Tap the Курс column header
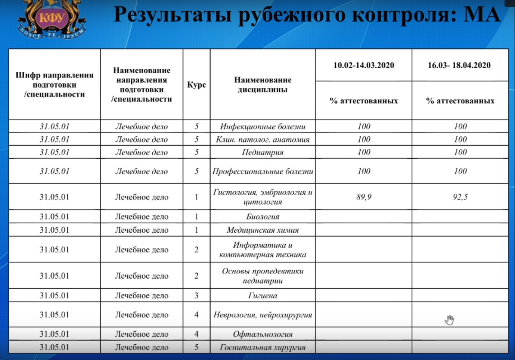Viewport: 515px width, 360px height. [x=196, y=85]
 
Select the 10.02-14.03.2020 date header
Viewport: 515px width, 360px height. [x=364, y=65]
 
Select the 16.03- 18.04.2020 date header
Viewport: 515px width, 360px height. [x=459, y=65]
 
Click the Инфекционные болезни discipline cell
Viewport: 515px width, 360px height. [x=263, y=127]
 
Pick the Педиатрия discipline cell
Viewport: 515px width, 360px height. [x=263, y=152]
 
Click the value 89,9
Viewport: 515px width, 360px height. [x=364, y=197]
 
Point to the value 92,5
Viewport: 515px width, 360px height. [x=460, y=197]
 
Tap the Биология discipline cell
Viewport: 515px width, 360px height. [x=263, y=217]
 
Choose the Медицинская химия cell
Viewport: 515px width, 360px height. [x=263, y=230]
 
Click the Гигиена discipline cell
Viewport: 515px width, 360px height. [x=263, y=295]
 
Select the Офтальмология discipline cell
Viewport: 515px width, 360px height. [x=263, y=334]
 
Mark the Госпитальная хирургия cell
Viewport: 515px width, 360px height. [x=263, y=347]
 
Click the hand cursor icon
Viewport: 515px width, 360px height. [x=449, y=320]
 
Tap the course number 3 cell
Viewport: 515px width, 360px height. [x=196, y=295]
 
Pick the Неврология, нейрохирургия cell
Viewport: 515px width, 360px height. [x=263, y=315]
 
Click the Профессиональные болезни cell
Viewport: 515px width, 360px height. [x=263, y=171]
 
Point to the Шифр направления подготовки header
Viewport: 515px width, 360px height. [x=55, y=85]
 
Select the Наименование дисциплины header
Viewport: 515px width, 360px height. [x=263, y=85]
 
